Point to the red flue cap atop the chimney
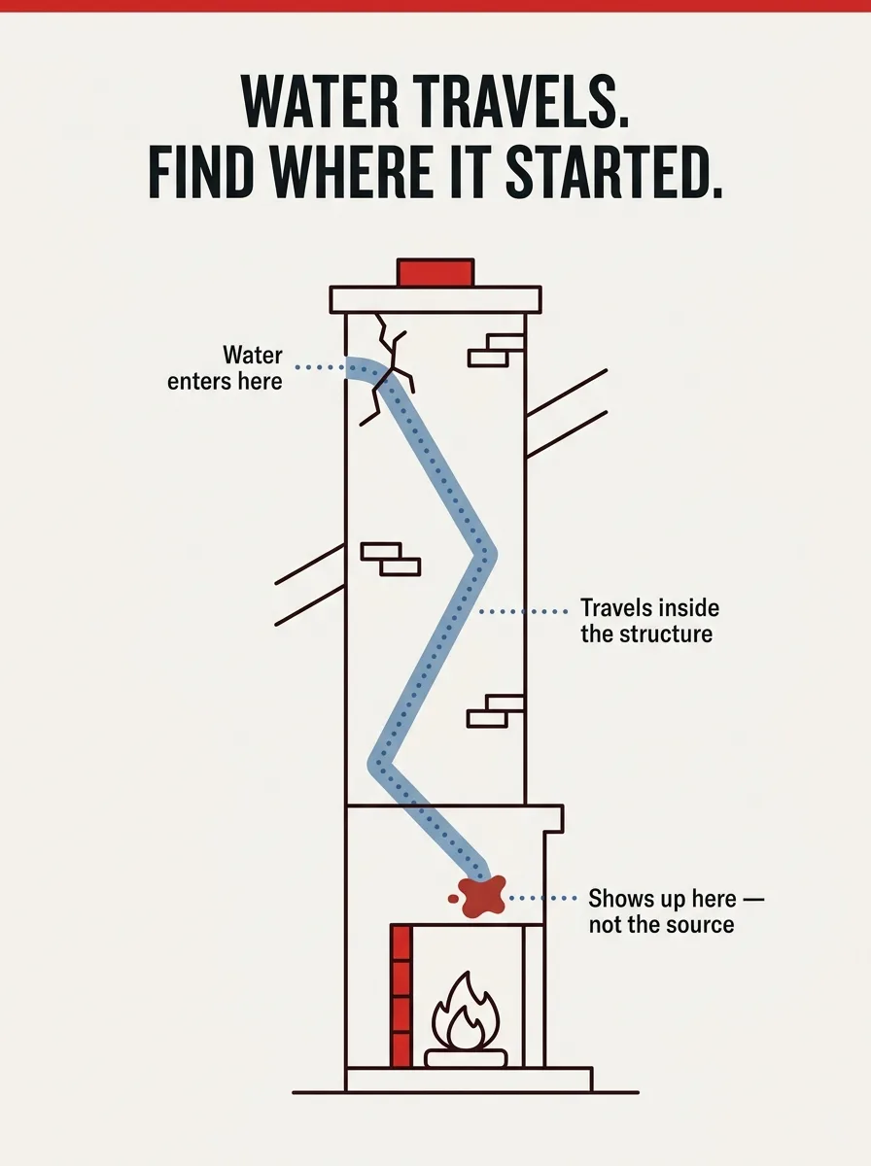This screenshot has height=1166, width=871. (x=435, y=272)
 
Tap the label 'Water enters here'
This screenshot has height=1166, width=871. (x=225, y=368)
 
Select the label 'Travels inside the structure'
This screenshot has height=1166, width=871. (x=649, y=621)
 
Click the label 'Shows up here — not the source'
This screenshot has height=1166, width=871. (x=676, y=911)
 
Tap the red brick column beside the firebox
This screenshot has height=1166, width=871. (x=401, y=996)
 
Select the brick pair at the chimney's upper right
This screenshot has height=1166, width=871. (x=496, y=350)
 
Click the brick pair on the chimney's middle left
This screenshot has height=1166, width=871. (x=391, y=559)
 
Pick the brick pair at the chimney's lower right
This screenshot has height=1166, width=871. (x=496, y=710)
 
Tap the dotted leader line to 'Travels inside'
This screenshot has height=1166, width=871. (x=523, y=612)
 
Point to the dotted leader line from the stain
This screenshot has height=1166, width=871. (x=542, y=898)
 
